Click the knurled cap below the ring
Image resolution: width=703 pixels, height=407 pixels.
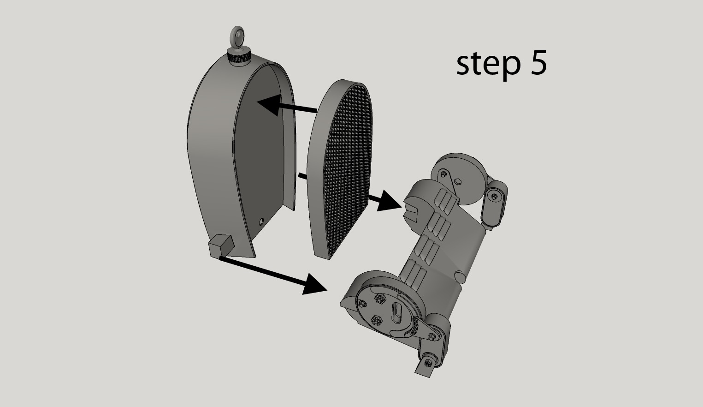(239, 59)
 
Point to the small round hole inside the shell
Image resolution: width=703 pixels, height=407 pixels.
(262, 221)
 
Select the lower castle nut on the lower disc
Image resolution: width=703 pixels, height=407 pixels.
(377, 320)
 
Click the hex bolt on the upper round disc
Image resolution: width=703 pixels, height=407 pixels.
(457, 180)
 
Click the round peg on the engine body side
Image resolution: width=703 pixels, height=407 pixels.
(460, 277)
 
